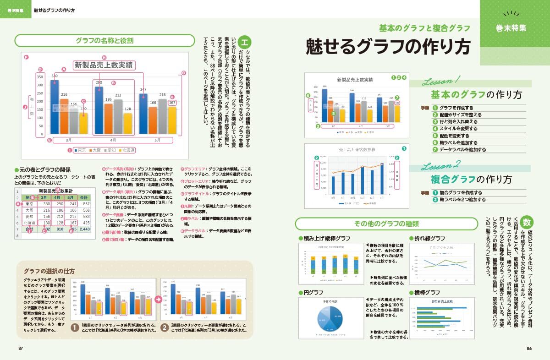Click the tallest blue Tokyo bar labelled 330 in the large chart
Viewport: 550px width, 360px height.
55,106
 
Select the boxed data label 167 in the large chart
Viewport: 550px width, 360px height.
172,103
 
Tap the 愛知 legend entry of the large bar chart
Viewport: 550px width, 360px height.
110,150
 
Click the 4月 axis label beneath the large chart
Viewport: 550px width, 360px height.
113,140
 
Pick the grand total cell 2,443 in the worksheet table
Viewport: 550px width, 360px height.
84,229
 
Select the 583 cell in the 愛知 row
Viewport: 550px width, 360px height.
84,216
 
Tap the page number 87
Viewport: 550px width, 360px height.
21,348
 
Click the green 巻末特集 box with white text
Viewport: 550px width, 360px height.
511,27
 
